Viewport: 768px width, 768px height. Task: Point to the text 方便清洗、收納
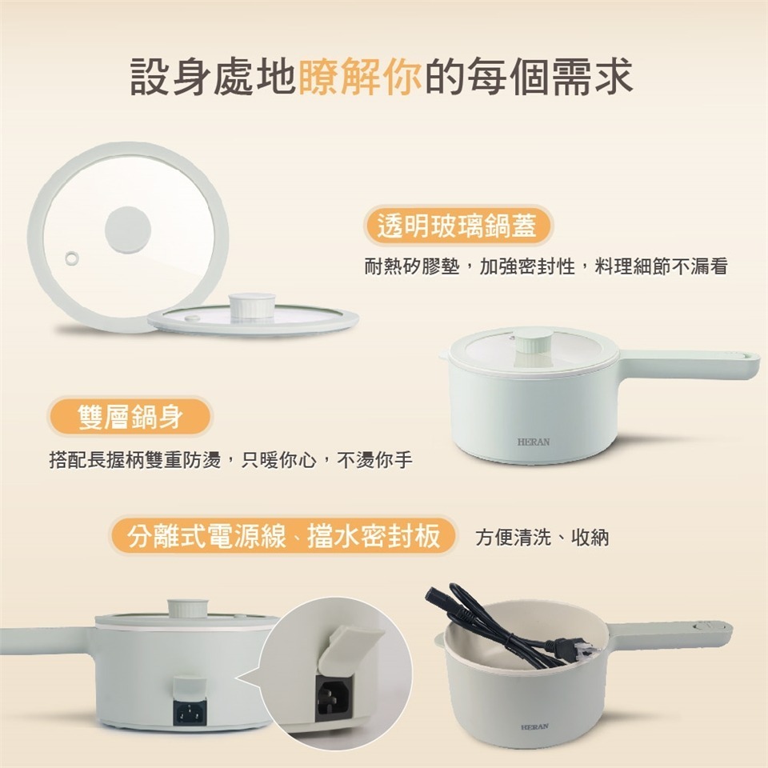(542, 537)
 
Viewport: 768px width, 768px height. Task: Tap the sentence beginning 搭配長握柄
(230, 462)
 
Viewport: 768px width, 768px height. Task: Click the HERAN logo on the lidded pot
(533, 442)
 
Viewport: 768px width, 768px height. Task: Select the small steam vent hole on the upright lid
(73, 257)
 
